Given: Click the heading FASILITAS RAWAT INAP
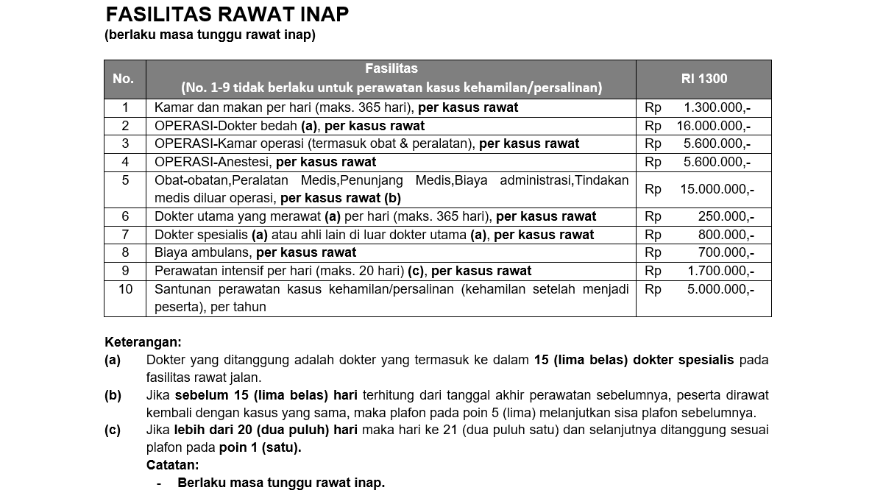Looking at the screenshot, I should pyautogui.click(x=227, y=14).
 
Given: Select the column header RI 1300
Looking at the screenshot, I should pyautogui.click(x=703, y=79).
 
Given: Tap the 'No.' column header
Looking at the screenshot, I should pyautogui.click(x=124, y=79).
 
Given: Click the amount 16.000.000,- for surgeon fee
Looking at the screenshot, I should pyautogui.click(x=713, y=126).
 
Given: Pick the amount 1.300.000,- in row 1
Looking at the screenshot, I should pyautogui.click(x=717, y=107).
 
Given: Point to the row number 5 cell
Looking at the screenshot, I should pyautogui.click(x=125, y=181).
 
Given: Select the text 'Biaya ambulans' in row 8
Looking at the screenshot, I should pyautogui.click(x=202, y=252).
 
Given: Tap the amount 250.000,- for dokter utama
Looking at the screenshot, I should pyautogui.click(x=726, y=216).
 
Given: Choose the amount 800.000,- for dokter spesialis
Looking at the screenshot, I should pyautogui.click(x=726, y=235).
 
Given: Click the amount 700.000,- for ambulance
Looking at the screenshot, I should pyautogui.click(x=726, y=252).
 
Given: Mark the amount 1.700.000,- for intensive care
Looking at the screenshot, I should pyautogui.click(x=720, y=271).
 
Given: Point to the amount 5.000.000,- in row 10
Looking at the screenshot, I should pyautogui.click(x=720, y=289).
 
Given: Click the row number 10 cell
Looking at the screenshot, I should pyautogui.click(x=125, y=289).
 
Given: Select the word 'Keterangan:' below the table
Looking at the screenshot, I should pyautogui.click(x=143, y=342).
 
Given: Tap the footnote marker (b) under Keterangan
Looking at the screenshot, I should pyautogui.click(x=113, y=396).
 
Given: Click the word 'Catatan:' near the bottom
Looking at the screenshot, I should pyautogui.click(x=172, y=465).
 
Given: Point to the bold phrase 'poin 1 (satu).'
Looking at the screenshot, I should pyautogui.click(x=260, y=447).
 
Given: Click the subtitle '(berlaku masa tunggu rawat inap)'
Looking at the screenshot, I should pyautogui.click(x=210, y=35).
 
